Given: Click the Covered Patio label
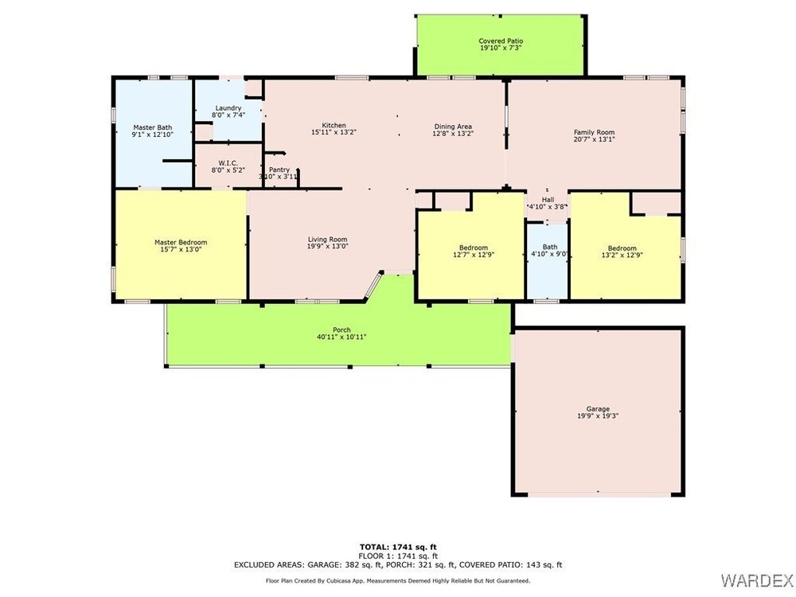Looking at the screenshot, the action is click(x=501, y=41).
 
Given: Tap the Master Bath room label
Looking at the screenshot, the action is click(x=152, y=127).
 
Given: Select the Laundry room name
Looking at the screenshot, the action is click(x=228, y=108).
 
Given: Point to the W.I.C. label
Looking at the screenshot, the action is click(x=228, y=163).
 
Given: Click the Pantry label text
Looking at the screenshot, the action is click(x=279, y=170).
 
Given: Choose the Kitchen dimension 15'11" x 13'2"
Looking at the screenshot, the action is click(x=334, y=132).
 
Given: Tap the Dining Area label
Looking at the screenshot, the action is click(x=453, y=127).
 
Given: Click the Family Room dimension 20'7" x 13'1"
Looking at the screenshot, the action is click(x=594, y=139).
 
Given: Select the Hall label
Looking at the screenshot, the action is click(x=548, y=200).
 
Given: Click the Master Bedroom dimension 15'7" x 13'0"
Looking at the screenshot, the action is click(x=181, y=249).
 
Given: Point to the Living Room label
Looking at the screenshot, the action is click(x=327, y=240).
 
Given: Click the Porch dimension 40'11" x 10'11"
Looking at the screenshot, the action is click(x=341, y=337).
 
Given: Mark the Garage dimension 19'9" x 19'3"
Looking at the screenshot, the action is click(x=598, y=416).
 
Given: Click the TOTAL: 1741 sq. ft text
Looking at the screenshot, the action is click(x=398, y=547).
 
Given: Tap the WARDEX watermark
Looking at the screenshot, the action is click(x=756, y=579).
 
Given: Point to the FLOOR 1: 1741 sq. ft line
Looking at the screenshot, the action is click(x=398, y=556).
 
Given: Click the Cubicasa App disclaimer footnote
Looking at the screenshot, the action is click(x=398, y=581).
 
